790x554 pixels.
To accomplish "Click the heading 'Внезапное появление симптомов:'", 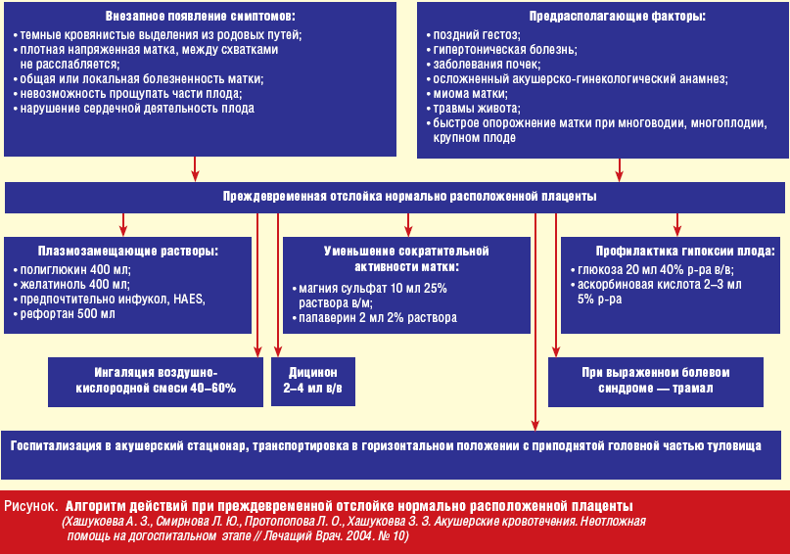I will click(199, 18).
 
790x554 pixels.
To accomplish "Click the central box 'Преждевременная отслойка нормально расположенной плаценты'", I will click(409, 197).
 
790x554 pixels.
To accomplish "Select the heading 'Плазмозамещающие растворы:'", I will click(127, 252).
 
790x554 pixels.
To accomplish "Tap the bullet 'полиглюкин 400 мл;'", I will click(75, 269).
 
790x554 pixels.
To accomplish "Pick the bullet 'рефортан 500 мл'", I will click(68, 314).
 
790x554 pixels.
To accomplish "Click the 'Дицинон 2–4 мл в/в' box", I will click(312, 382).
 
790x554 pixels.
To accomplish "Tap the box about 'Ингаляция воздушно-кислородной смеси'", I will click(157, 382).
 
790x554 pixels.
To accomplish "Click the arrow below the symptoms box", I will click(195, 169).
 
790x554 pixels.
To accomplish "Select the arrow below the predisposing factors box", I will click(618, 169).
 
